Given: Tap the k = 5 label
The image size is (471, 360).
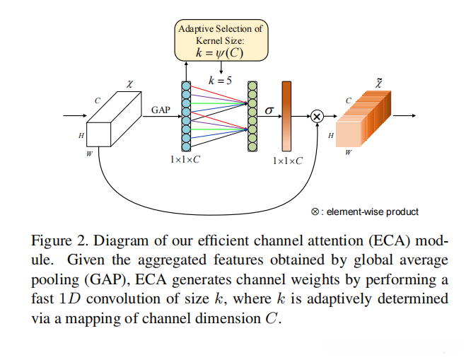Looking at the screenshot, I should click(221, 81).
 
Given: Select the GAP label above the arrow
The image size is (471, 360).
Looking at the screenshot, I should click(161, 110).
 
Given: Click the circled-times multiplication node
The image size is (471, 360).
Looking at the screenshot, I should click(317, 115).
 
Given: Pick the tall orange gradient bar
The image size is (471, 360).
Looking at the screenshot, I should click(286, 116).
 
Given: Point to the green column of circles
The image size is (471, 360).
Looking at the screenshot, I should click(252, 116).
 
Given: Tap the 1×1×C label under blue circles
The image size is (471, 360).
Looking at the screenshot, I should click(185, 161).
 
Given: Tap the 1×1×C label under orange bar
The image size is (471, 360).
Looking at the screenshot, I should click(288, 161).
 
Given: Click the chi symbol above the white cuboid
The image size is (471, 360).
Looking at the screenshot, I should click(129, 84).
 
